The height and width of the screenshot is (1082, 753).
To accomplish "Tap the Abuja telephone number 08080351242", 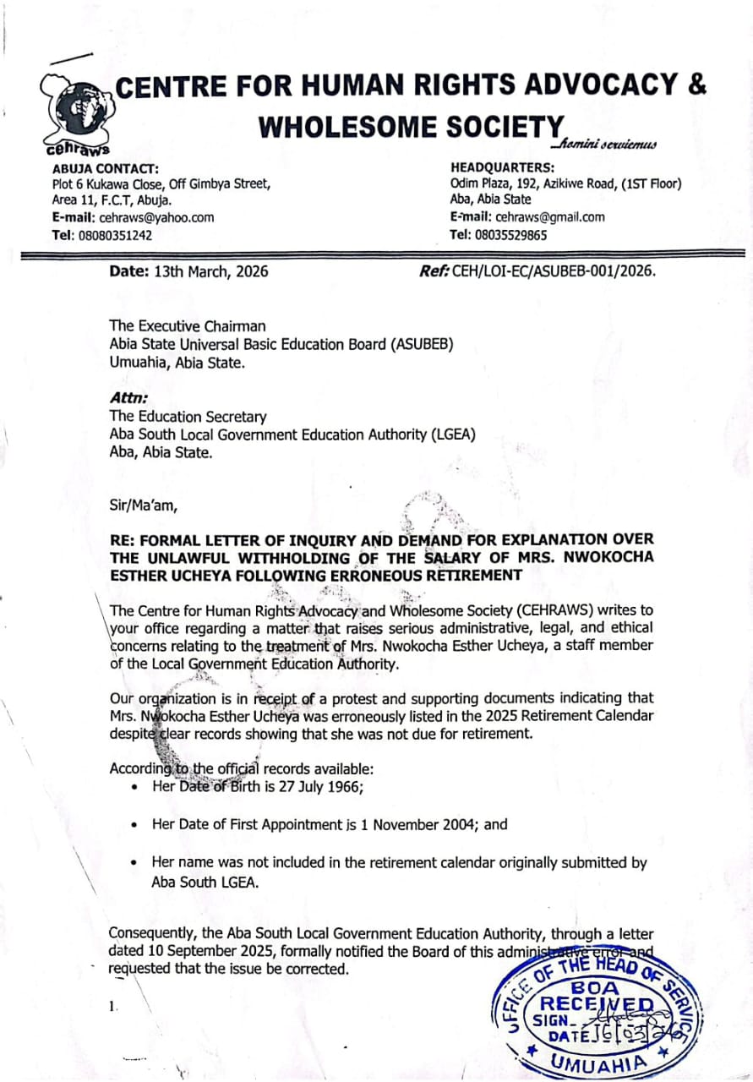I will click(115, 236).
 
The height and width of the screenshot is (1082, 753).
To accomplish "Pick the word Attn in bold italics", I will click(124, 398).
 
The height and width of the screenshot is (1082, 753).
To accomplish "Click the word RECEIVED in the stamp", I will click(597, 1004).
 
